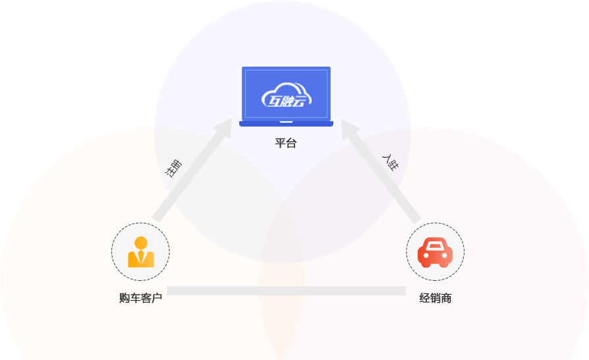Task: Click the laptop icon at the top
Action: (286, 95)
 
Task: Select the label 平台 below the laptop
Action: (286, 143)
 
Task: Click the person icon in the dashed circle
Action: (140, 251)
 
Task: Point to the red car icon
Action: (435, 252)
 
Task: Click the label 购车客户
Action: (140, 298)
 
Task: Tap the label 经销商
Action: (435, 298)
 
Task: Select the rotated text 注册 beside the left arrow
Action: (173, 167)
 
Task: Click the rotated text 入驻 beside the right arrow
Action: (390, 162)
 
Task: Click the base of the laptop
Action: (286, 123)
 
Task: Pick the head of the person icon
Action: (140, 242)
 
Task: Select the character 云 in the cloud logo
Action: (300, 101)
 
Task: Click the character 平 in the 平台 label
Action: (281, 143)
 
